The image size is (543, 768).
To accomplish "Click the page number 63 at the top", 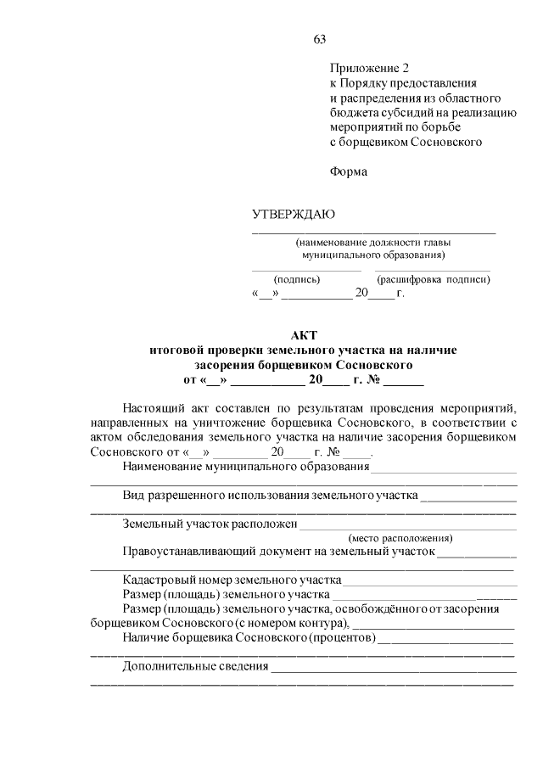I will coord(319,39).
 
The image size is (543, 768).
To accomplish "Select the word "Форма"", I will coord(349,171).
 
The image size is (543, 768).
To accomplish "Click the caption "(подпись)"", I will coord(295,278).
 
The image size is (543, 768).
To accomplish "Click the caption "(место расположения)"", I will coord(400,537).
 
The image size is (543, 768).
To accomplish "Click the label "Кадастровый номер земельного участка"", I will coord(232,580).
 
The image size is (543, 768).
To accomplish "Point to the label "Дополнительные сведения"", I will coord(196,666).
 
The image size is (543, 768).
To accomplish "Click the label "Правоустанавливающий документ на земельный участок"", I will coord(278,552).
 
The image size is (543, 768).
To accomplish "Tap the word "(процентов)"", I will coord(342,637).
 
